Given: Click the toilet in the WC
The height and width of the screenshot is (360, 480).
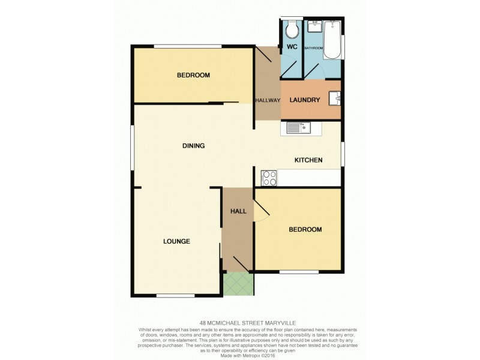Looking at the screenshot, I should click(x=292, y=29).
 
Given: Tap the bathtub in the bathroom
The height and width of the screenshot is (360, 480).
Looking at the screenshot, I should click(x=332, y=40).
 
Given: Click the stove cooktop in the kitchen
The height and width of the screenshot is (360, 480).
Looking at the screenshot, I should click(x=269, y=178).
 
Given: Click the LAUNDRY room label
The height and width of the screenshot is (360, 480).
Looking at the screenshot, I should click(x=305, y=100).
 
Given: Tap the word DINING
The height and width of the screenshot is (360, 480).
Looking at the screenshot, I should click(x=194, y=146).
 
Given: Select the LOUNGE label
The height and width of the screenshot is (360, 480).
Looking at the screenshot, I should click(x=176, y=241).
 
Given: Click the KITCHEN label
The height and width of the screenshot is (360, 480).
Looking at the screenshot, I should click(x=308, y=160).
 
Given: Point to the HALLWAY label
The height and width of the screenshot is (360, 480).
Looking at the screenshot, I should click(x=268, y=100).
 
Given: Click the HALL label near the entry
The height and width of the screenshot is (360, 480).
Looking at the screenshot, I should click(x=238, y=211).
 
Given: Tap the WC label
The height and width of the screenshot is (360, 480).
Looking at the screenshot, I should click(x=292, y=47).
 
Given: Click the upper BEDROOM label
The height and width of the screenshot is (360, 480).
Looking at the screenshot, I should click(x=193, y=75).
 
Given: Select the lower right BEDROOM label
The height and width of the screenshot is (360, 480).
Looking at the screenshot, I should click(x=305, y=229).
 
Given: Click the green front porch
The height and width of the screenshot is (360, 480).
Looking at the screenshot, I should click(x=238, y=284).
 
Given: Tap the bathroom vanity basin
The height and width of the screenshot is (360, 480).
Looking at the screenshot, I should click(x=314, y=27).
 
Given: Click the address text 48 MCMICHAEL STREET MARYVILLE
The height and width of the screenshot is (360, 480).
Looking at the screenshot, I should click(x=239, y=322).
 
